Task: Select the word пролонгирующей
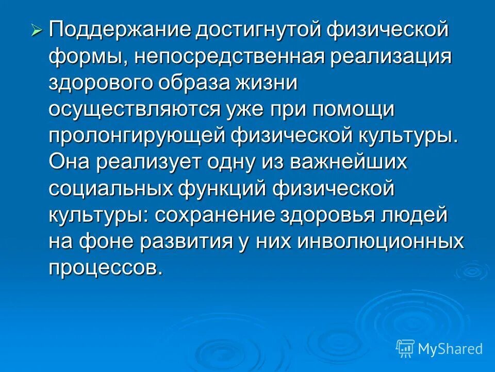click(137, 136)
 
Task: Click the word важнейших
click(349, 163)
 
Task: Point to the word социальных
click(111, 189)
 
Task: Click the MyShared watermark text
click(450, 349)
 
